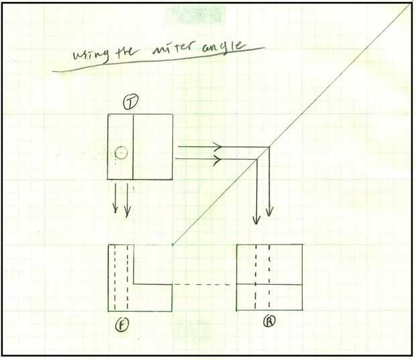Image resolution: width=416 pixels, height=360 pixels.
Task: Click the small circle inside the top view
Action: point(121,153)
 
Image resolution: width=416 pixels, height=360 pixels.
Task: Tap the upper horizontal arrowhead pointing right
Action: point(217,146)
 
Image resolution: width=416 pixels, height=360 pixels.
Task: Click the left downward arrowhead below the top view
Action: point(115,210)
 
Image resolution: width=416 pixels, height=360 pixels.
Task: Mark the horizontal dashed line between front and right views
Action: point(205,285)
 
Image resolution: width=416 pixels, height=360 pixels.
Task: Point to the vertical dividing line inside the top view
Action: point(132,147)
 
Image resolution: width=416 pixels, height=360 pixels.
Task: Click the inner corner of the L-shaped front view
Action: point(134,285)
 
